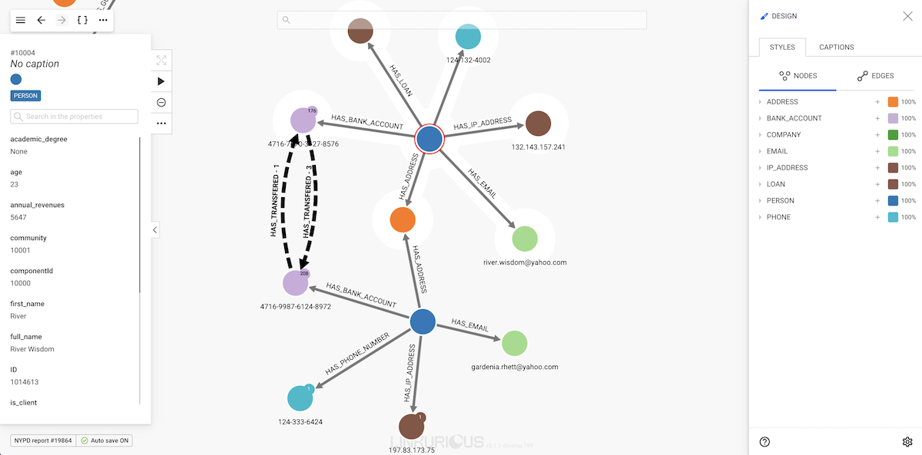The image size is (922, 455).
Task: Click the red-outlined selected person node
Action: pyautogui.click(x=429, y=140)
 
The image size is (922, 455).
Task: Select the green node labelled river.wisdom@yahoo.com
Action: pyautogui.click(x=525, y=239)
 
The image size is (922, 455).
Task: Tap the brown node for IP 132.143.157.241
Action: pyautogui.click(x=538, y=124)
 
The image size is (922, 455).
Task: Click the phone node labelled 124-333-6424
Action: pyautogui.click(x=300, y=398)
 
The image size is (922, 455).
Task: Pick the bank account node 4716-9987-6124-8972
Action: pyautogui.click(x=296, y=283)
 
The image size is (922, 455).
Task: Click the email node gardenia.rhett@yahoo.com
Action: pyautogui.click(x=514, y=343)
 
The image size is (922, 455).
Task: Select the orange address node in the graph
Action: pyautogui.click(x=403, y=219)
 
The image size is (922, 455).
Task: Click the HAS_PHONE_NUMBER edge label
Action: pyautogui.click(x=357, y=354)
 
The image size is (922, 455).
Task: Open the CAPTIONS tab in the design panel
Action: pyautogui.click(x=836, y=48)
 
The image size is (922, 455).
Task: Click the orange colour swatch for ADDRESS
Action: pyautogui.click(x=893, y=102)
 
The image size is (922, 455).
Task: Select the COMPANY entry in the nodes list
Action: pyautogui.click(x=784, y=135)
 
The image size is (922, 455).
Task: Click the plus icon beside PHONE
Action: pyautogui.click(x=877, y=217)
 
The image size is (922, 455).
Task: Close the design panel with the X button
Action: pyautogui.click(x=907, y=16)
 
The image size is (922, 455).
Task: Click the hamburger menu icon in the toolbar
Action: pyautogui.click(x=21, y=20)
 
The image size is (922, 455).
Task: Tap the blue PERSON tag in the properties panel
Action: pyautogui.click(x=25, y=96)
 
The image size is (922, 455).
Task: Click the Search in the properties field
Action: pyautogui.click(x=75, y=117)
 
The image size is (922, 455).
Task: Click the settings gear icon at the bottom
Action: pyautogui.click(x=907, y=442)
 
